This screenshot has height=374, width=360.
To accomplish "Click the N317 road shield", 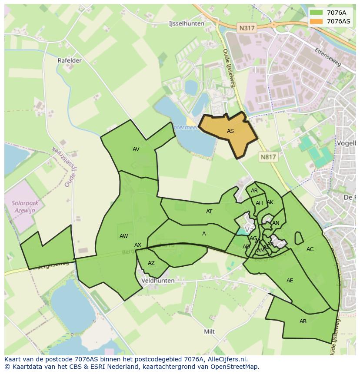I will coord(247,28).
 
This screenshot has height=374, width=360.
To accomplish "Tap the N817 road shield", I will coord(268,157).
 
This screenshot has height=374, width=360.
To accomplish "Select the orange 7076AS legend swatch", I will coord(317,21).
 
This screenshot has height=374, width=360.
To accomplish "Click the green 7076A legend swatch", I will coord(317,13).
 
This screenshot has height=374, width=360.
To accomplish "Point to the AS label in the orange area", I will coord(230,131).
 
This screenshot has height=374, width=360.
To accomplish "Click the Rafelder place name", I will coord(70,60).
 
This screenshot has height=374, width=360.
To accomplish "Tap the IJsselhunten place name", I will coord(187,23).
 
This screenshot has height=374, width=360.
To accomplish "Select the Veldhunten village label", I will coord(158,281).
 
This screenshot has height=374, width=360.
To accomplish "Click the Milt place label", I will coord(209,331).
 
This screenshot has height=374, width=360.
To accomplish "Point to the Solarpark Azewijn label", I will coord(25,206).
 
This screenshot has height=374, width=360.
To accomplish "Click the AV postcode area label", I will coord(136,149).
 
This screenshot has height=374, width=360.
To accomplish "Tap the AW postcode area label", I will coord(124,236).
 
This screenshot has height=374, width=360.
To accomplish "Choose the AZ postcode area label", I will coord(151,263).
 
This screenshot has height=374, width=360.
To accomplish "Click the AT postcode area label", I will coord(209,212).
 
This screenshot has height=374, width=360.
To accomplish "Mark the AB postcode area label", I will coord(303,321).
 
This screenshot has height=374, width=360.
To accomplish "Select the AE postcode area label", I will coord(290,281).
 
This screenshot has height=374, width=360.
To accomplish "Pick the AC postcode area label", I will coord(310,249).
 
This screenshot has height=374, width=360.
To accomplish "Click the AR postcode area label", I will coord(254,191).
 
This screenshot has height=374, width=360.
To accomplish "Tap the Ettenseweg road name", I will coord(328,57).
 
